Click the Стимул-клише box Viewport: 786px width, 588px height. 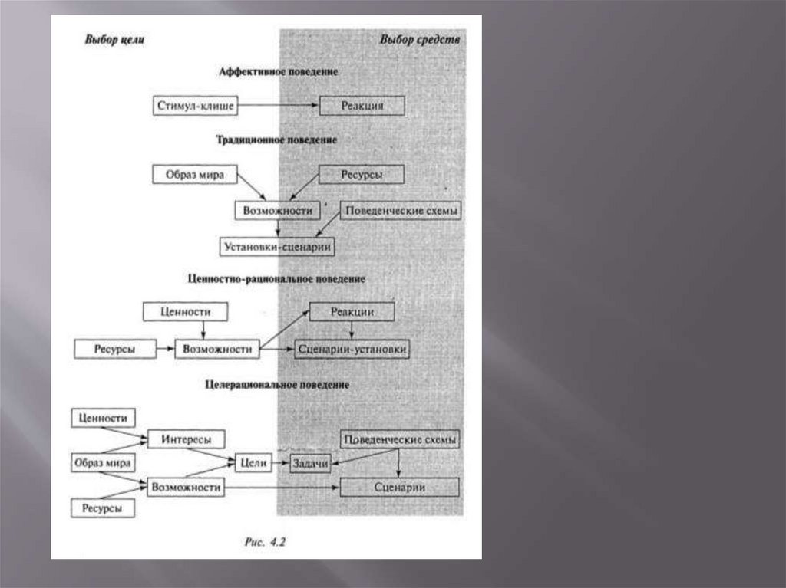pos(194,106)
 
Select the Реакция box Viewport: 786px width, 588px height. pos(362,106)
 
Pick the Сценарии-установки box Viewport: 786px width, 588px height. pos(352,349)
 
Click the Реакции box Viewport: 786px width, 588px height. pos(352,311)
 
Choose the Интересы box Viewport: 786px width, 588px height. pos(186,439)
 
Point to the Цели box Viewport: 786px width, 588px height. pos(253,463)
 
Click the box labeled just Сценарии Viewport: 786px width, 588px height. pos(399,487)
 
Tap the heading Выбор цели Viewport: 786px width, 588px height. pos(114,39)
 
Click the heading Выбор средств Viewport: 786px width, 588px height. pos(420,39)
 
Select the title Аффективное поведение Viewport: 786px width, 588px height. pos(279,71)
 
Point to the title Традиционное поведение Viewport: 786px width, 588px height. pos(277,140)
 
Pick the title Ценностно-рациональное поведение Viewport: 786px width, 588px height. pos(276,279)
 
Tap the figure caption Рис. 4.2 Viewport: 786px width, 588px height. pos(265,541)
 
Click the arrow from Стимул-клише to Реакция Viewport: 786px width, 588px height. pos(278,106)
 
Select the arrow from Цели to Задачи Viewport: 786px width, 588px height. pos(280,463)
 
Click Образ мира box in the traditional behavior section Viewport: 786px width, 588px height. pos(194,174)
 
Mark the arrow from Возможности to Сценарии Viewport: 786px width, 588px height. pos(284,487)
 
